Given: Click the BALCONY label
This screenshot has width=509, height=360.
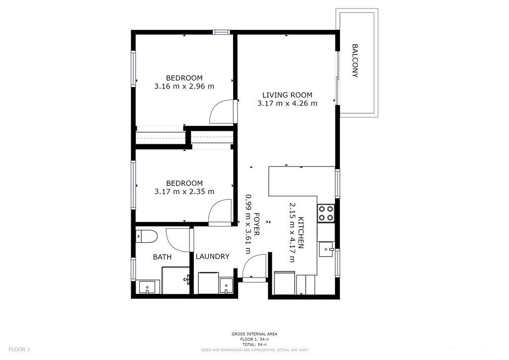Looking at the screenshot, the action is click(355, 61).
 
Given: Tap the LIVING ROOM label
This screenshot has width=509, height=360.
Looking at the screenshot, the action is click(287, 95).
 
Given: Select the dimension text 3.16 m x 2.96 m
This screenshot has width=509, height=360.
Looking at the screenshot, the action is click(184, 87).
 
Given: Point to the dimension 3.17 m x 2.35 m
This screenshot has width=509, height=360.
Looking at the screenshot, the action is click(184, 191).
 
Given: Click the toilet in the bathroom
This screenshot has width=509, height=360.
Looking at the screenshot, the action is click(147, 236).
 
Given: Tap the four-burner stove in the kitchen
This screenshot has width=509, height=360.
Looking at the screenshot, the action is click(326, 213).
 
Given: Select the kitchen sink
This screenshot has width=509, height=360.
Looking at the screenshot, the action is click(327, 249).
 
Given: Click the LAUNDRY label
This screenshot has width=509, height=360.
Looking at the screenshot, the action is click(213, 257).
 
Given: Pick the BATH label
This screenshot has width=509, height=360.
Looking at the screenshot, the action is click(163, 257).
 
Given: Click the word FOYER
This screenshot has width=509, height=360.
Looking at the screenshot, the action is click(256, 224).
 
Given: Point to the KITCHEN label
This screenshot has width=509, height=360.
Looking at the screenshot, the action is click(301, 232).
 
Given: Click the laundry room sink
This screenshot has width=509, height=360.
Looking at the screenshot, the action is click(226, 285).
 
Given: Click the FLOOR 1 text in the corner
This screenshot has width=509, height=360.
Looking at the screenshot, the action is click(19, 350).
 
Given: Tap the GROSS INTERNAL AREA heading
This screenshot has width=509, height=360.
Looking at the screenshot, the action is click(254, 334).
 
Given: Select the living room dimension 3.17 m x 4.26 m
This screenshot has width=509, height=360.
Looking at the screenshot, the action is click(287, 103).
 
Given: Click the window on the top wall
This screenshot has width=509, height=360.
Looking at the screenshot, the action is click(221, 32).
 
